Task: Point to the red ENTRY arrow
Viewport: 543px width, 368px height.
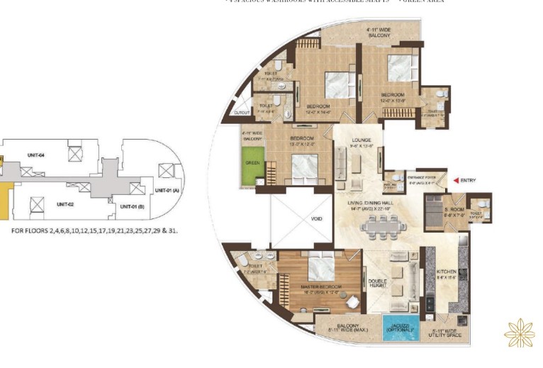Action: click(x=456, y=180)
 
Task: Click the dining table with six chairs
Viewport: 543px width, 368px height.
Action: click(x=384, y=226)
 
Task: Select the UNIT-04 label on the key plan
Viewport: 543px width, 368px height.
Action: click(x=37, y=155)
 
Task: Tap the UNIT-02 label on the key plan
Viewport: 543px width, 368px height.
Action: click(x=66, y=204)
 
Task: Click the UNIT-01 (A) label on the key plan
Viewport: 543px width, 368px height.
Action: click(x=167, y=190)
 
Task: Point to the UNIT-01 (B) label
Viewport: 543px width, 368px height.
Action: click(x=133, y=206)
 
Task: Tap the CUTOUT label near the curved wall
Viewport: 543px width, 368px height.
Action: click(x=242, y=112)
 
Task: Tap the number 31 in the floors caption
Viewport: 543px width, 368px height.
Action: click(x=172, y=230)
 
